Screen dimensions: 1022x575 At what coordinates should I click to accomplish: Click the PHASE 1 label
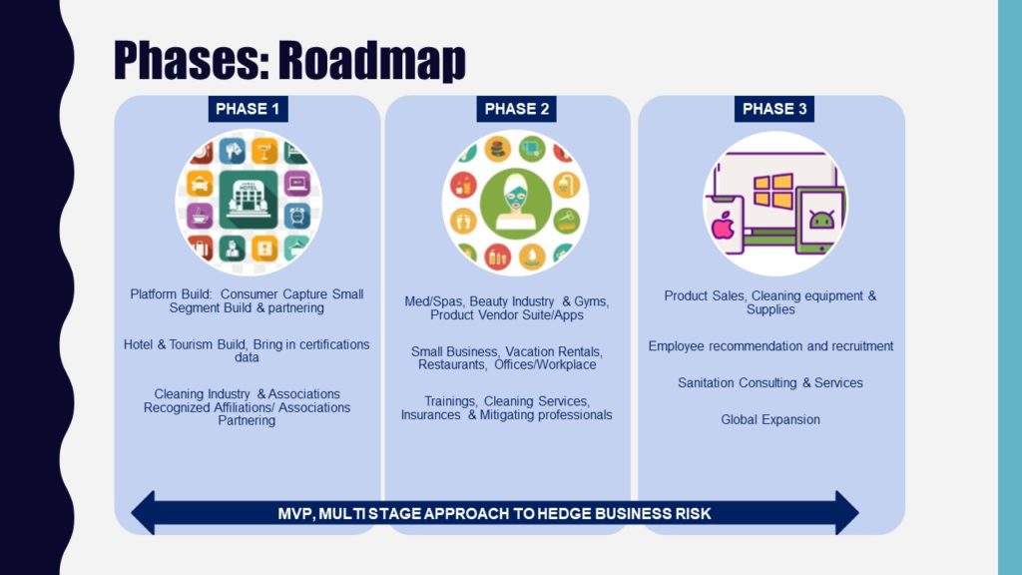pos(248,109)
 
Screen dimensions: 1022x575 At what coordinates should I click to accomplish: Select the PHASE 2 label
pos(516,109)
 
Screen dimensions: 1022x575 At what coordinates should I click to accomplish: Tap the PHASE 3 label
pos(774,109)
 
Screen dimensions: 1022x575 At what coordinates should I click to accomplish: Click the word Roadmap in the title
pos(372,60)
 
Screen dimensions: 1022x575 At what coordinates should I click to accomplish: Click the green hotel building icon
pos(249,200)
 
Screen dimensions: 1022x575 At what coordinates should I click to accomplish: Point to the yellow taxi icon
pos(200,184)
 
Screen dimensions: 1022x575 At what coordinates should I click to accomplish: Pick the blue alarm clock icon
pos(297,216)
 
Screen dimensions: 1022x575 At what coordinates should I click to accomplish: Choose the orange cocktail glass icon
pos(264,152)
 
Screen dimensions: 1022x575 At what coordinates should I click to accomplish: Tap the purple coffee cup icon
pos(200,216)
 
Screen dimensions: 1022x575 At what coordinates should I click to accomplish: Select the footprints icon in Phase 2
pos(463,221)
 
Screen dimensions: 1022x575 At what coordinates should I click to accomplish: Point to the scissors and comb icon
pos(567,221)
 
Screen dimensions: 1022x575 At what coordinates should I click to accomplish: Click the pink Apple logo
pos(723,226)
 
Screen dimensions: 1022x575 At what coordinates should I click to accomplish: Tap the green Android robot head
pos(821,220)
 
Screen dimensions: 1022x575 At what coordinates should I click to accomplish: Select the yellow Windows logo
pos(773,191)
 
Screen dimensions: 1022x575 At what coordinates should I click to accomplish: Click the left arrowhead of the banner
pos(143,513)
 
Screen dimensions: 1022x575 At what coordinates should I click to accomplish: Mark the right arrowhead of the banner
pos(846,513)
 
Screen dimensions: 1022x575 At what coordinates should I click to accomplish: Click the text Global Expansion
pos(770,420)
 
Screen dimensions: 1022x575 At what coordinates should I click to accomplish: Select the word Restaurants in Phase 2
pos(452,365)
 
